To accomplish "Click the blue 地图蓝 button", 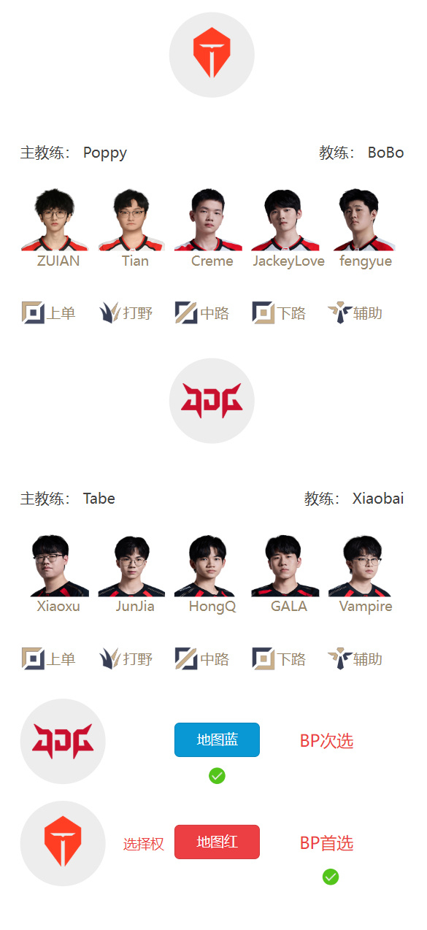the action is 217,740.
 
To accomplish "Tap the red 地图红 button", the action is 217,842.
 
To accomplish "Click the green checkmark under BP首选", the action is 331,877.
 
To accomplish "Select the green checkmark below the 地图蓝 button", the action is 217,775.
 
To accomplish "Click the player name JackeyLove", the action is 289,261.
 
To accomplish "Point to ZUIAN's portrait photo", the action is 54,220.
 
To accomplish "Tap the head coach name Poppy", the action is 105,153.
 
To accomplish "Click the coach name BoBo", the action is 385,153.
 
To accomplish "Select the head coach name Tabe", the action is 99,498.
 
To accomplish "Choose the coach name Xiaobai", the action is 378,498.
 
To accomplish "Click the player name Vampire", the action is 366,607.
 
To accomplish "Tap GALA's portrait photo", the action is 285,566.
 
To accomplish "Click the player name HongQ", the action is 212,607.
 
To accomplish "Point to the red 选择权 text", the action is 144,844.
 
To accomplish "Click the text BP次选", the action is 326,741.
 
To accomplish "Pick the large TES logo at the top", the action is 212,55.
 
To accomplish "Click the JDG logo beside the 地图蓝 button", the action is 63,742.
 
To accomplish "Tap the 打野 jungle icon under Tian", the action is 110,312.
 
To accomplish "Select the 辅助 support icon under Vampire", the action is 340,658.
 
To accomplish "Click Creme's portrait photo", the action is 208,220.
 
